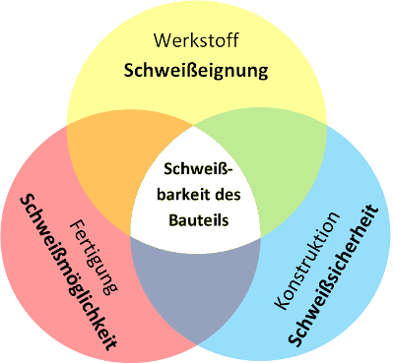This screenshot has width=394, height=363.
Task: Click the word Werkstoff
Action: tap(197, 42)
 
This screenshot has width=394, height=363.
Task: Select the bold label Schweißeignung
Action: tap(197, 72)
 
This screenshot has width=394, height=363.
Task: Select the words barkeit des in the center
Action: tap(197, 195)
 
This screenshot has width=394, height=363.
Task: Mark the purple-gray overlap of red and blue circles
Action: tap(197, 295)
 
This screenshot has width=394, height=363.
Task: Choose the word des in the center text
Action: tap(225, 195)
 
